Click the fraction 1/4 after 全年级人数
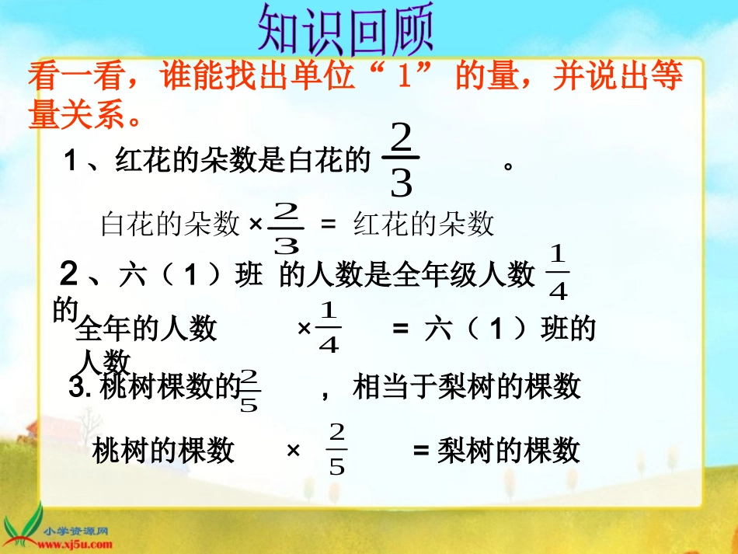pyautogui.click(x=559, y=273)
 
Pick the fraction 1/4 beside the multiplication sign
pyautogui.click(x=329, y=329)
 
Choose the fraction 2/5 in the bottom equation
pyautogui.click(x=336, y=449)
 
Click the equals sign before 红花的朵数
pyautogui.click(x=328, y=224)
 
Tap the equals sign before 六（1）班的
pyautogui.click(x=400, y=329)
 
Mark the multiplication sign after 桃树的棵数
pyautogui.click(x=294, y=450)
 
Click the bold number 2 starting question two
pyautogui.click(x=69, y=274)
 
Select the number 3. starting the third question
pyautogui.click(x=81, y=388)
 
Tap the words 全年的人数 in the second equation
pyautogui.click(x=146, y=329)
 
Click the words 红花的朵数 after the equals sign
pyautogui.click(x=424, y=224)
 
